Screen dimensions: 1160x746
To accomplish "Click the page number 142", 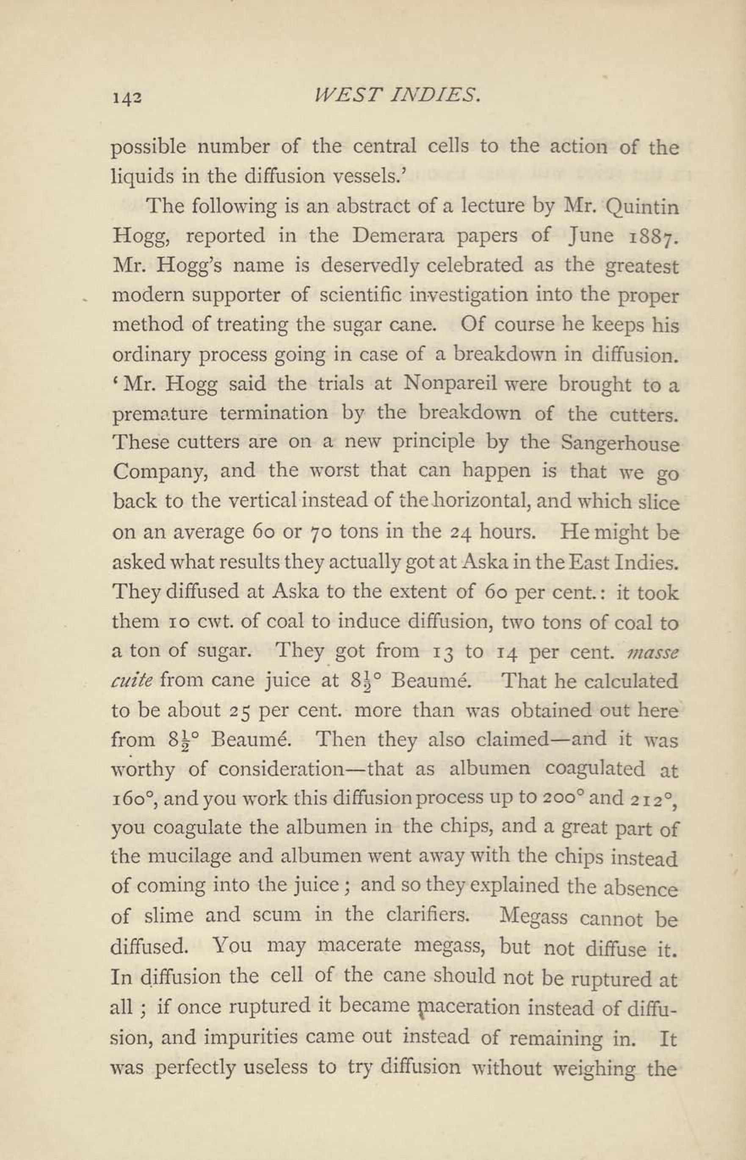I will (x=127, y=98).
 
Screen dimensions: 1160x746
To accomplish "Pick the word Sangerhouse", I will (x=619, y=444).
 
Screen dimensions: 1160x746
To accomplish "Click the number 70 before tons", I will (x=320, y=532).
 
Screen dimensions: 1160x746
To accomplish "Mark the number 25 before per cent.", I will (x=239, y=711).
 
